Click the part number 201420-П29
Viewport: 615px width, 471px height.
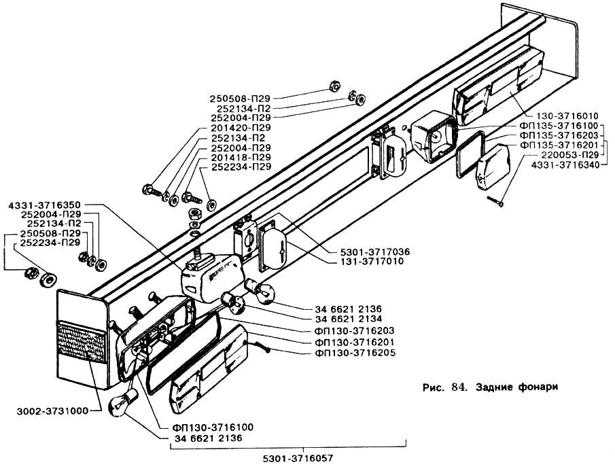(x=241, y=128)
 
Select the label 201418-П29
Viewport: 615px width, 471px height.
(x=241, y=157)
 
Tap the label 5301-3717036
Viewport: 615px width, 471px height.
(x=368, y=251)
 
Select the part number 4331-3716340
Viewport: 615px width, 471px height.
(x=561, y=165)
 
